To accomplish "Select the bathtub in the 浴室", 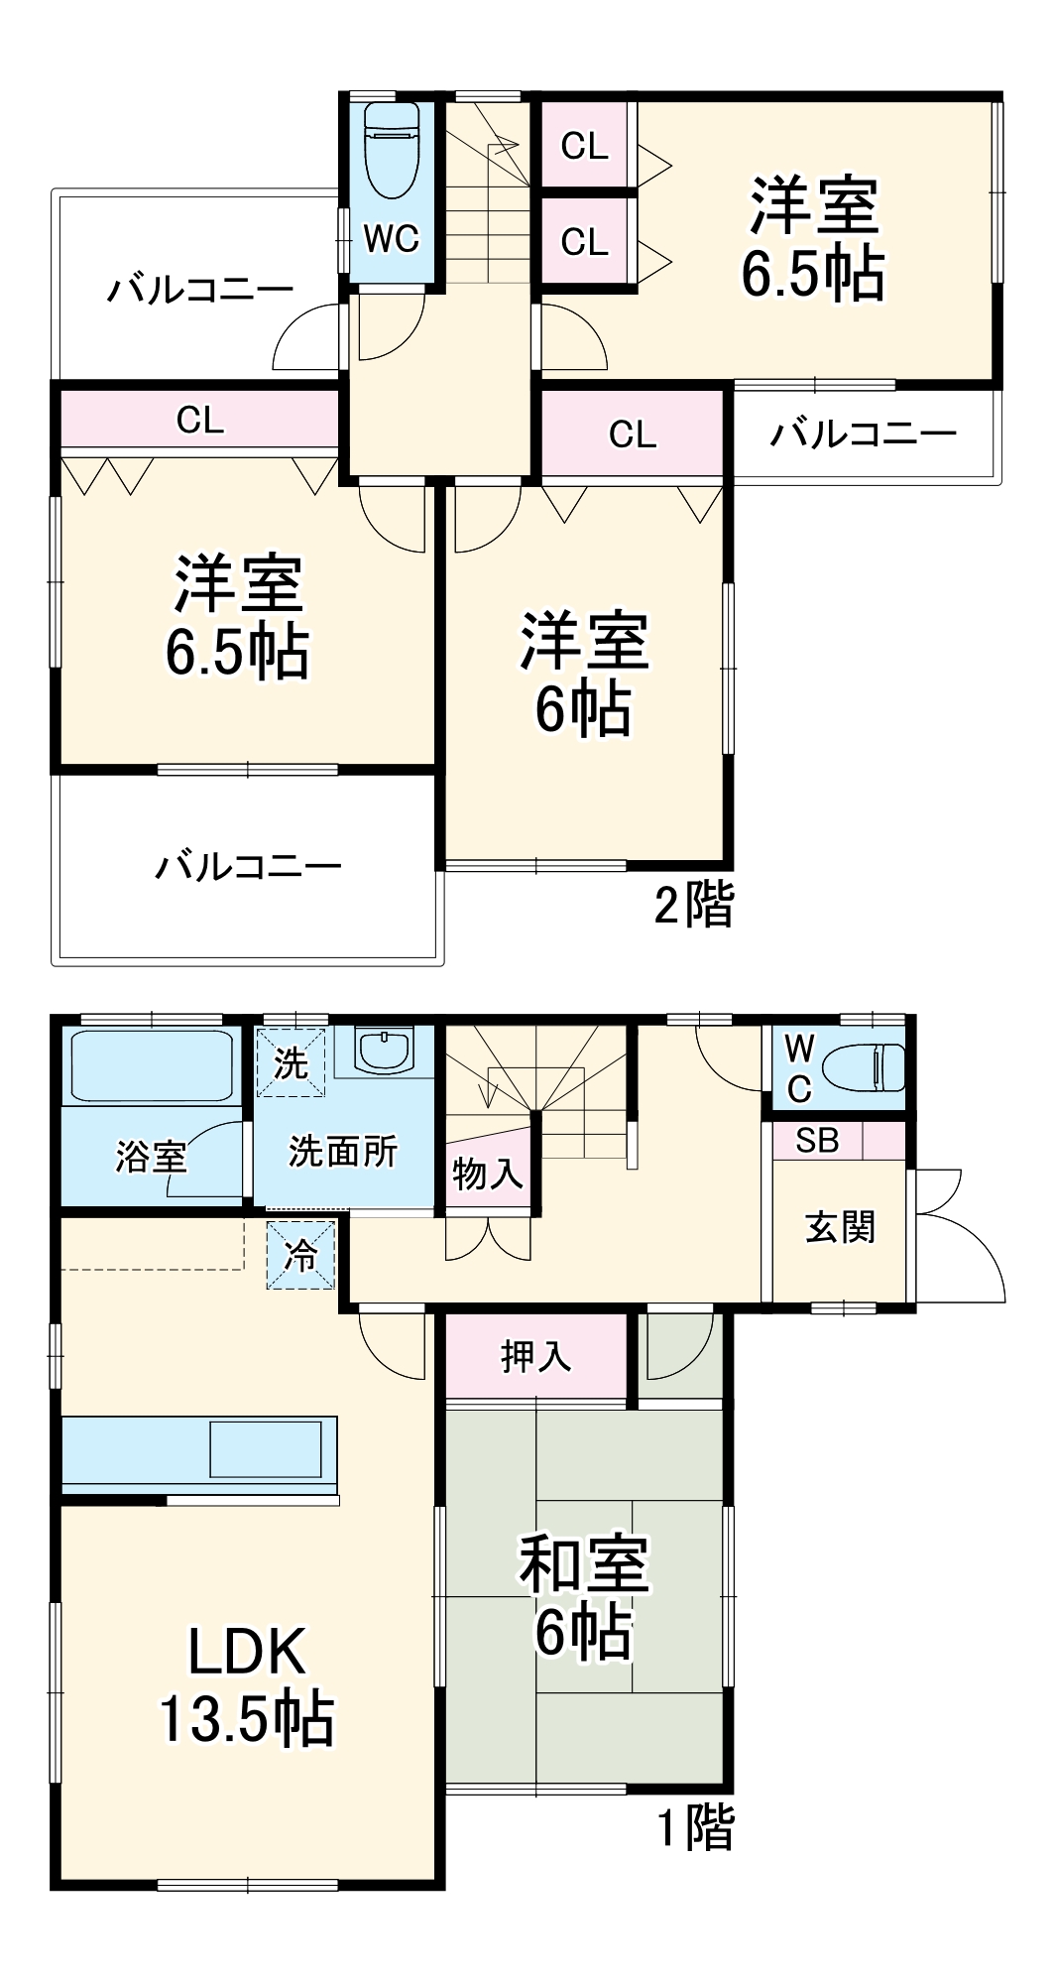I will pos(150,1066).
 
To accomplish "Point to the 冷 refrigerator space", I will pos(300,1255).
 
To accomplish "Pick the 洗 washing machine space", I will pos(291,1063).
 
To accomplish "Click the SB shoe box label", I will pos(817,1141).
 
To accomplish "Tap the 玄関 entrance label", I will pos(840,1227).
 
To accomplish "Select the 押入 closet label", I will pos(535,1355).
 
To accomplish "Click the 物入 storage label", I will pos(487,1175).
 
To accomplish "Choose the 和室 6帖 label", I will pos(584,1596).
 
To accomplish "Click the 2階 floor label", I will pos(694,905).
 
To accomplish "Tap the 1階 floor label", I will pos(697,1827).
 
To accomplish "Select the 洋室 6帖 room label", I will pos(584,674).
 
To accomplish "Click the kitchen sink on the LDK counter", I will pos(265,1449).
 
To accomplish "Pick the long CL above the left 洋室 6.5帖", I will pos(200,421).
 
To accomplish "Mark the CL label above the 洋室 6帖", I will pos(632,434).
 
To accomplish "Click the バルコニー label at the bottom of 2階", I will pos(248,867).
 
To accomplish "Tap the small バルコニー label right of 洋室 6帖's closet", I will pos(863,434).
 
